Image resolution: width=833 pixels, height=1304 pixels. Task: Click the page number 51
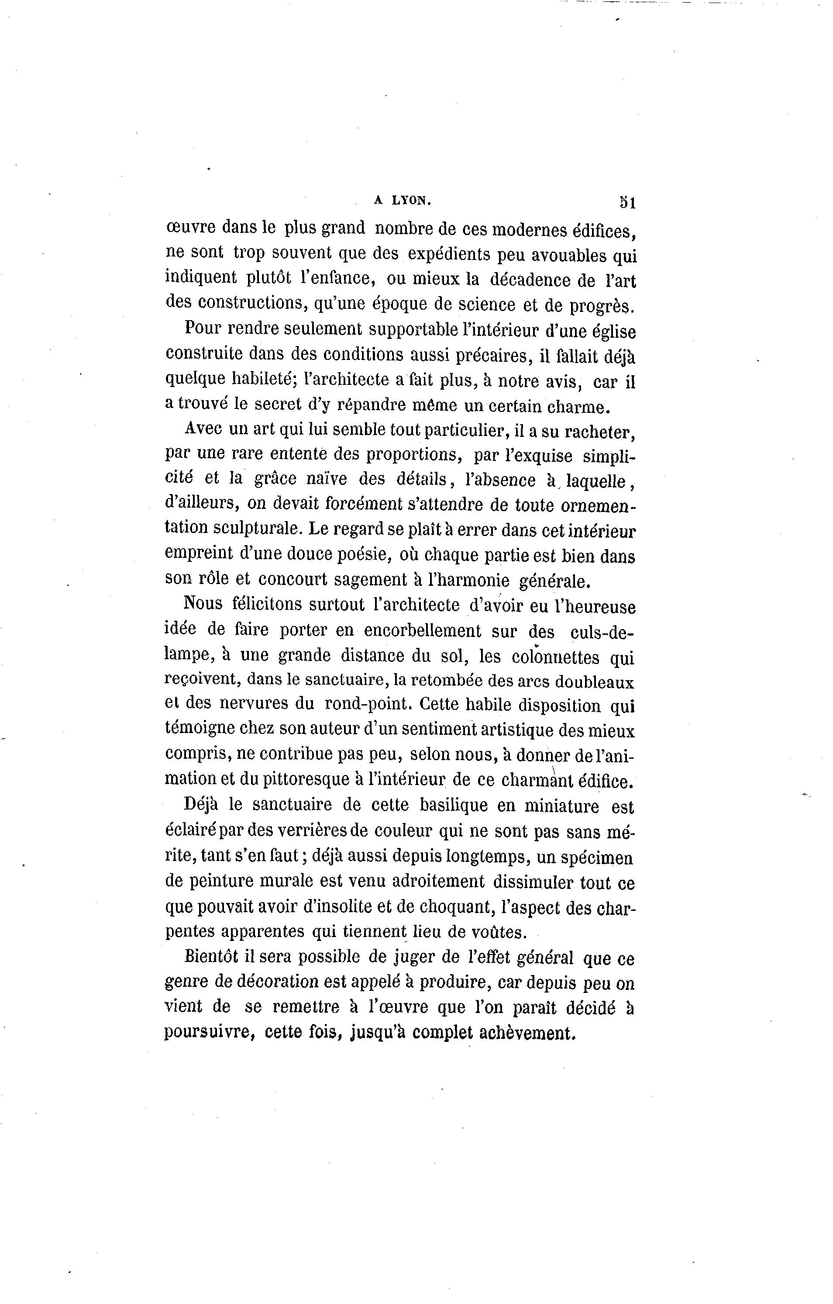coord(627,203)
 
